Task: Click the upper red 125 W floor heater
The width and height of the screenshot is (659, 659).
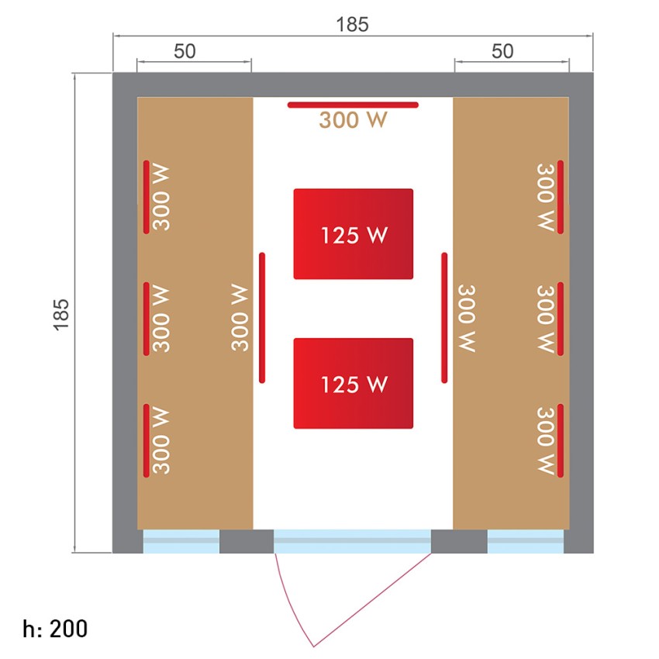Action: (x=353, y=233)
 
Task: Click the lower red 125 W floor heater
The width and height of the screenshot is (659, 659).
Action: (x=353, y=383)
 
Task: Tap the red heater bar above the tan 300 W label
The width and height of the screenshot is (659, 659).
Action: (x=353, y=105)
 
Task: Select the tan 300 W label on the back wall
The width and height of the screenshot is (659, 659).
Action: (x=353, y=119)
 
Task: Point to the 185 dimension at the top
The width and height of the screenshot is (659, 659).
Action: (x=352, y=24)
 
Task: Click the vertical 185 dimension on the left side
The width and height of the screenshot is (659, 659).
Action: (x=61, y=315)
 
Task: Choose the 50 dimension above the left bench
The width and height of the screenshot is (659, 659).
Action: (x=185, y=51)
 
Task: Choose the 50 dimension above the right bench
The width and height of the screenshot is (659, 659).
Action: (x=502, y=51)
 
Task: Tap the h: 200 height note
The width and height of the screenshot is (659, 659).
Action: (x=55, y=629)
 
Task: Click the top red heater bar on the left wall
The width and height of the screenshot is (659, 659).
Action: (x=147, y=197)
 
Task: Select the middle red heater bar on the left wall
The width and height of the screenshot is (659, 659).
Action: (x=147, y=319)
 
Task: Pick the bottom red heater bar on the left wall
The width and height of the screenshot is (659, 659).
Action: (x=147, y=440)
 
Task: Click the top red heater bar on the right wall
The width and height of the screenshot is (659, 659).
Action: (x=561, y=197)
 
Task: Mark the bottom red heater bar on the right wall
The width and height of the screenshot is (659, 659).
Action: (x=561, y=440)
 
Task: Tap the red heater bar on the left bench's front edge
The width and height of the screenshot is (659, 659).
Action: (x=262, y=318)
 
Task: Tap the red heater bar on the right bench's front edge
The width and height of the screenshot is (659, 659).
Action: (x=444, y=318)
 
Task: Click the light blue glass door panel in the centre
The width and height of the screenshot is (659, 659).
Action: (x=353, y=541)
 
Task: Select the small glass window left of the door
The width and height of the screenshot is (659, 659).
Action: (x=181, y=541)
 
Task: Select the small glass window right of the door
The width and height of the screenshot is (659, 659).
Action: (x=526, y=541)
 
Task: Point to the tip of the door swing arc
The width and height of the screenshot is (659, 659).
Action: (x=313, y=647)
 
